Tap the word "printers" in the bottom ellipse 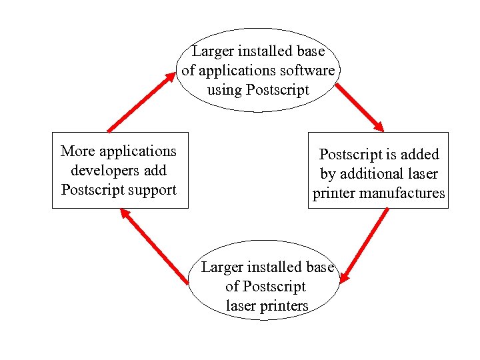[x=284, y=306]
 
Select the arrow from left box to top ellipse [x=141, y=101]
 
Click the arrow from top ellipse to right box [x=359, y=107]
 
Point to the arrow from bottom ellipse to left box [x=154, y=246]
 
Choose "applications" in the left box [x=137, y=151]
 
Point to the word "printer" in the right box [x=334, y=193]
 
